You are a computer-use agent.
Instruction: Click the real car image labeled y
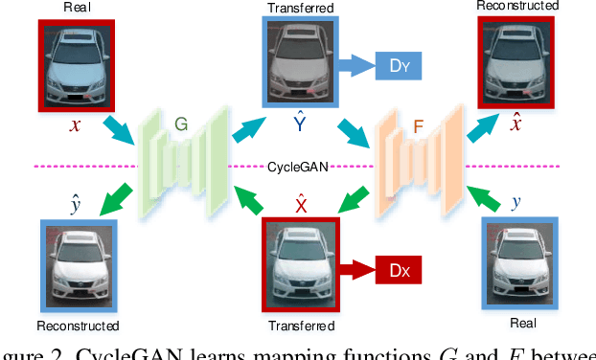518,259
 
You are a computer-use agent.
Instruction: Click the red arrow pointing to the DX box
355,272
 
